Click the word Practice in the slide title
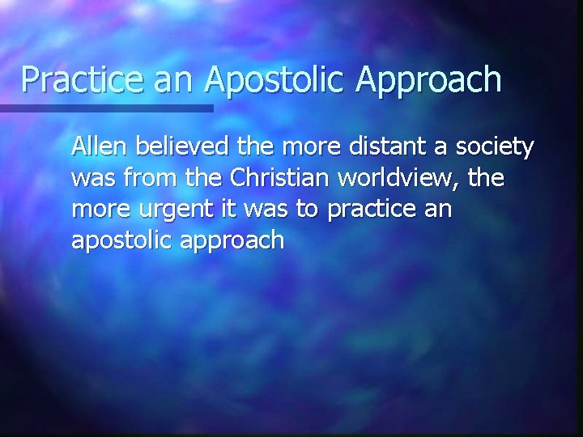point(75,79)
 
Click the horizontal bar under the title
point(106,108)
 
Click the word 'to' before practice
point(313,209)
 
